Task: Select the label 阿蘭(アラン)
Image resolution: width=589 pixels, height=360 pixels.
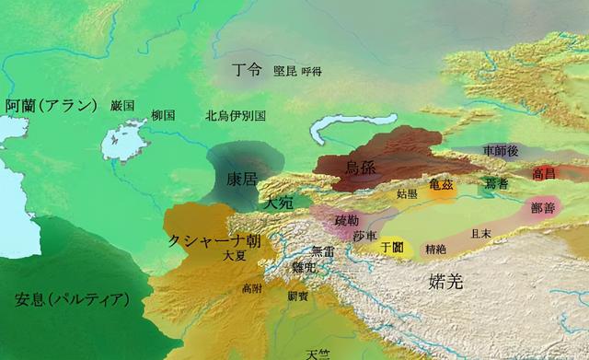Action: [x=51, y=104]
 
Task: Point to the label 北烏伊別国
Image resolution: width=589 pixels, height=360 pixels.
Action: [x=236, y=116]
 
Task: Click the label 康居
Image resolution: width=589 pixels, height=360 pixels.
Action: [x=242, y=180]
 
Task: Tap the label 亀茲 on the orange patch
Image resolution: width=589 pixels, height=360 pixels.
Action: [x=441, y=184]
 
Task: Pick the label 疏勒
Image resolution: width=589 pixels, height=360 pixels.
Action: [x=348, y=220]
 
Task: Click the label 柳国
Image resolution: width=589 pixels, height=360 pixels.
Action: [x=163, y=116]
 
